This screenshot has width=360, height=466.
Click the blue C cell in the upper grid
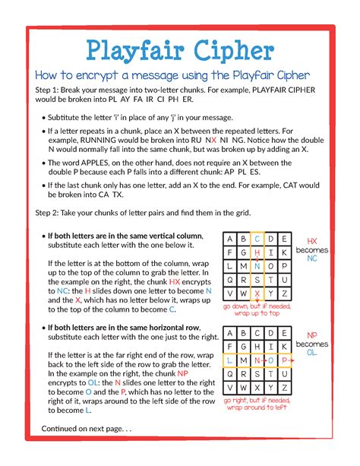coord(258,239)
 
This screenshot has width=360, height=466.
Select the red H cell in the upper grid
coord(258,252)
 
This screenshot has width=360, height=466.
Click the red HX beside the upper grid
coord(312,240)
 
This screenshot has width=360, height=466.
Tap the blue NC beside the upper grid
coord(312,258)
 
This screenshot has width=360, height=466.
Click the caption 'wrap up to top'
coord(257,312)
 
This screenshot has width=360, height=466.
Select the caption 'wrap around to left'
coord(257,407)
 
